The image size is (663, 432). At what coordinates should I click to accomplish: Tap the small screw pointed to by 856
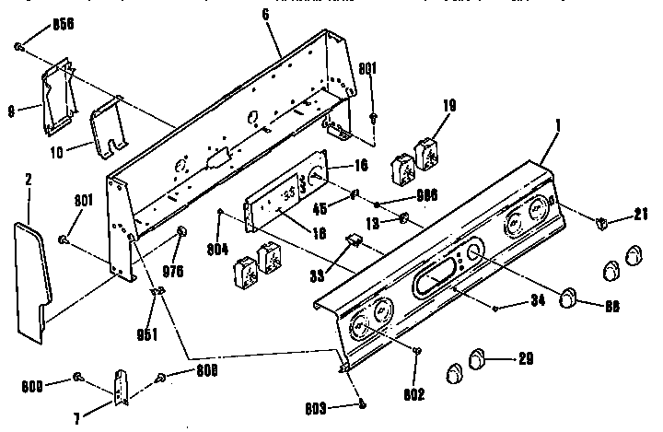click(20, 44)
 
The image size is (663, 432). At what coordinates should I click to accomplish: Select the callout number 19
click(450, 107)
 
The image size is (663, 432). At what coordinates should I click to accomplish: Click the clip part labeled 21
click(600, 222)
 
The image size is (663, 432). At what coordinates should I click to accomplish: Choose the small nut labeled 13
click(403, 218)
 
